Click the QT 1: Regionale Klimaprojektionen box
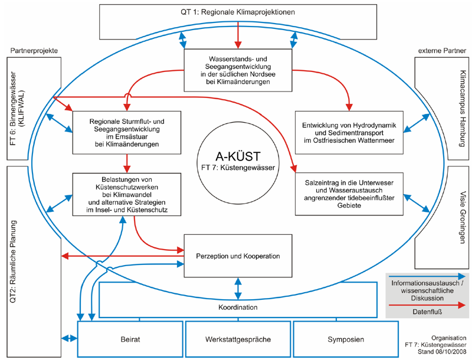pyautogui.click(x=238, y=12)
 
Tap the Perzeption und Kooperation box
pyautogui.click(x=238, y=256)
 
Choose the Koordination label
pyautogui.click(x=238, y=307)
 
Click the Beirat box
pyautogui.click(x=130, y=339)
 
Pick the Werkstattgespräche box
pyautogui.click(x=238, y=339)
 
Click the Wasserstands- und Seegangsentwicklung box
pyautogui.click(x=238, y=70)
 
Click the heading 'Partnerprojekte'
pyautogui.click(x=34, y=51)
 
